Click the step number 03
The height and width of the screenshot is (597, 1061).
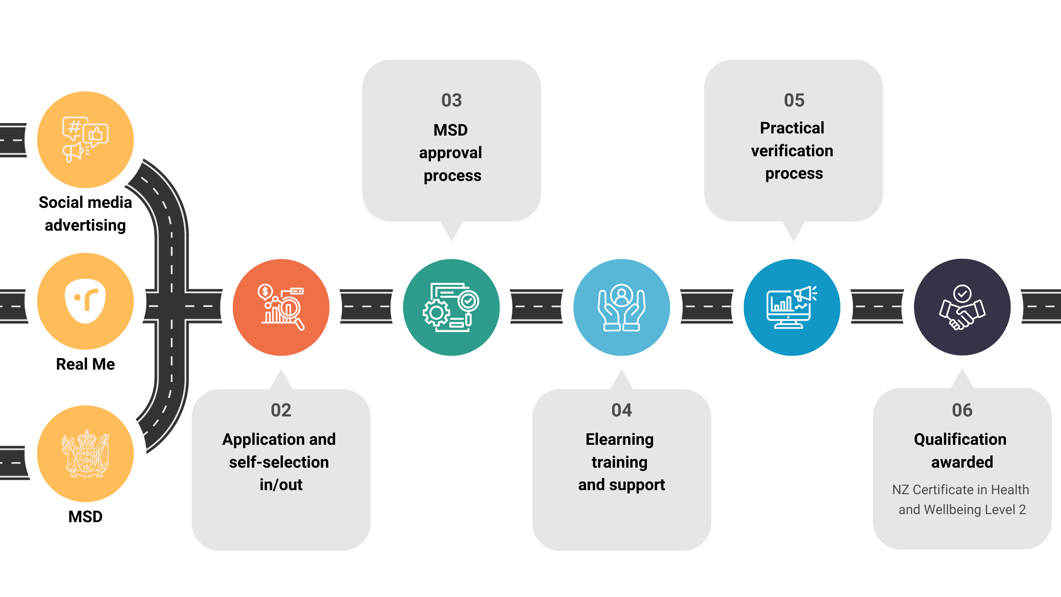[x=451, y=100]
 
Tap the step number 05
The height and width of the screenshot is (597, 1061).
[x=794, y=100]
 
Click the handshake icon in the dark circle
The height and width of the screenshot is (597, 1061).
[x=962, y=307]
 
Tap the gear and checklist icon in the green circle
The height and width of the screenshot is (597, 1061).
[x=451, y=307]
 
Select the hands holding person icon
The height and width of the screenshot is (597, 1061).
[x=621, y=307]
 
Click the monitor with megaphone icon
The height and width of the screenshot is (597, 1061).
[x=792, y=307]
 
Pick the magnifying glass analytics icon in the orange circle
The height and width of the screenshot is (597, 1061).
[x=281, y=307]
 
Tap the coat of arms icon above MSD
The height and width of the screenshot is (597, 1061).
[x=85, y=454]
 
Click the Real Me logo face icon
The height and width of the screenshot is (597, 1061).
[x=85, y=301]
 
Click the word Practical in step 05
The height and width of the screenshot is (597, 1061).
[x=792, y=128]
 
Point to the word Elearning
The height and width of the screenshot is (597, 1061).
[x=619, y=440]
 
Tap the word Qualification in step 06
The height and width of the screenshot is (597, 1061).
[x=960, y=440]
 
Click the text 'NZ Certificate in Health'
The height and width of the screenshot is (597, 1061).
[x=960, y=489]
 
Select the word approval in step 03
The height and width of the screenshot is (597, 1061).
[x=450, y=153]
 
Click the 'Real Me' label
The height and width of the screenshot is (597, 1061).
[x=85, y=364]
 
